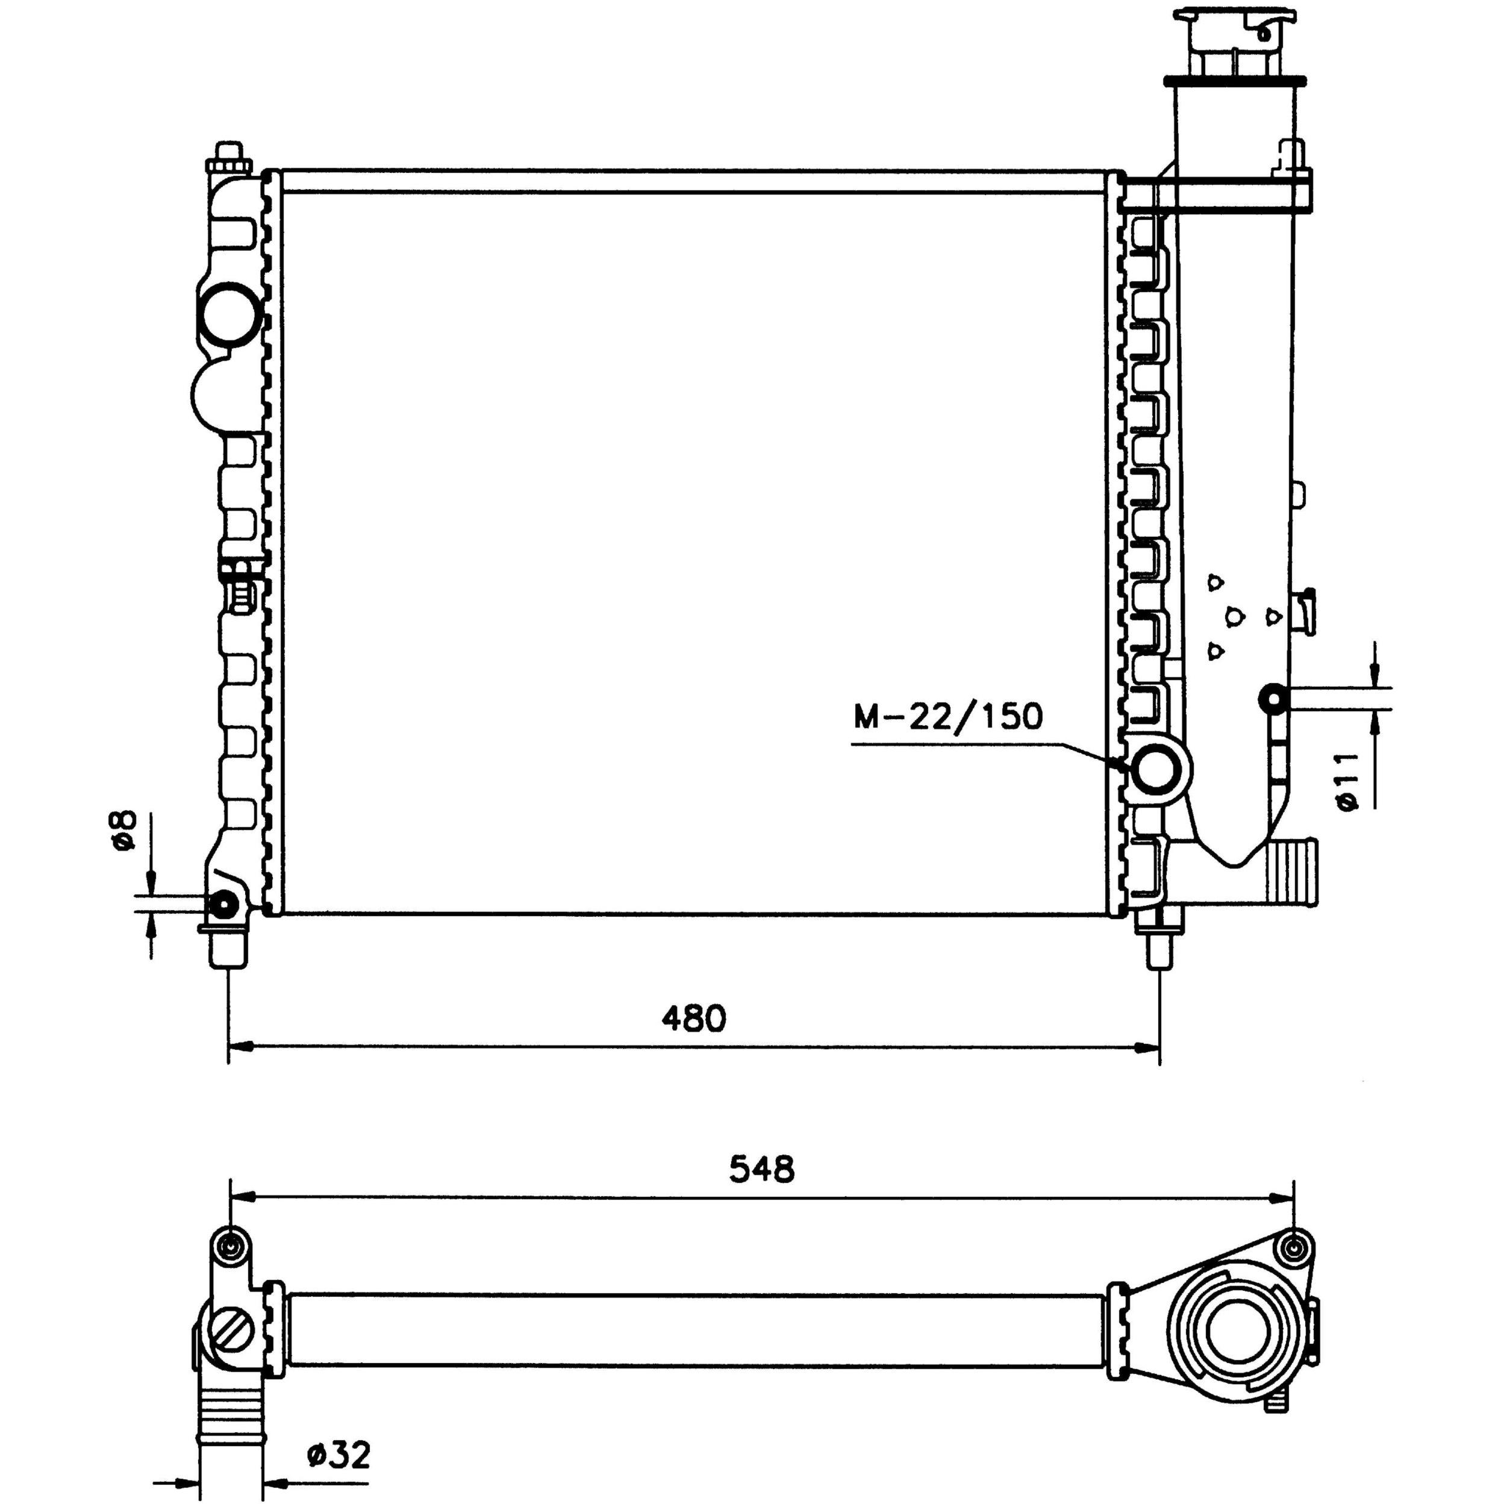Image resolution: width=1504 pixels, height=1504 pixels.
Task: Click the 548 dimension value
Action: point(762,1190)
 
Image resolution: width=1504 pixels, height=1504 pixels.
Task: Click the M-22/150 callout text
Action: point(947,716)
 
